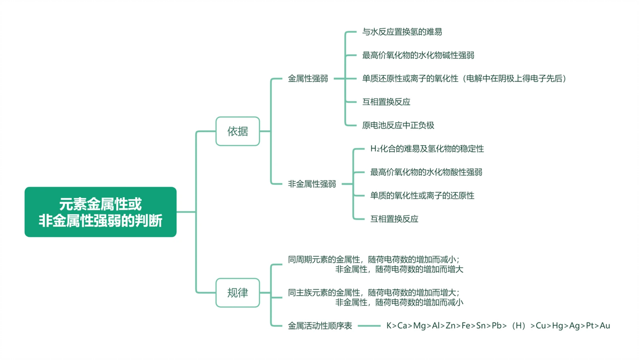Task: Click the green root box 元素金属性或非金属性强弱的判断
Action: pos(100,212)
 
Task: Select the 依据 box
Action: pos(237,131)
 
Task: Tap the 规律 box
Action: pos(237,292)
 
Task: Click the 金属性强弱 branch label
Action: pos(308,79)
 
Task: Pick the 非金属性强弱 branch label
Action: pos(312,184)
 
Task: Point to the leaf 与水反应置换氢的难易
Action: pos(402,32)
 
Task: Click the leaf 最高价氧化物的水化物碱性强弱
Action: pos(418,55)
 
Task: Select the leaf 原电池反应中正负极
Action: pos(398,125)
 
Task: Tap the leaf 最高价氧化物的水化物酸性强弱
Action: pos(426,172)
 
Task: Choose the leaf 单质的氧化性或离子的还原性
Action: pos(422,196)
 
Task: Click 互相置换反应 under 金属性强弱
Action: pos(386,102)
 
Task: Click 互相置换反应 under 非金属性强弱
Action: pos(394,219)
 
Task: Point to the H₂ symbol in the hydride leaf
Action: pos(375,148)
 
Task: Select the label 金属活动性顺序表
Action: pos(320,326)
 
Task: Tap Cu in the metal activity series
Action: pos(541,326)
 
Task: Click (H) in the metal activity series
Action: pos(519,326)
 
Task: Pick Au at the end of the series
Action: pos(605,326)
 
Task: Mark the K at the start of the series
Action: pos(389,326)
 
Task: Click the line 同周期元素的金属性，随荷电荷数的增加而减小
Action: pos(374,259)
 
